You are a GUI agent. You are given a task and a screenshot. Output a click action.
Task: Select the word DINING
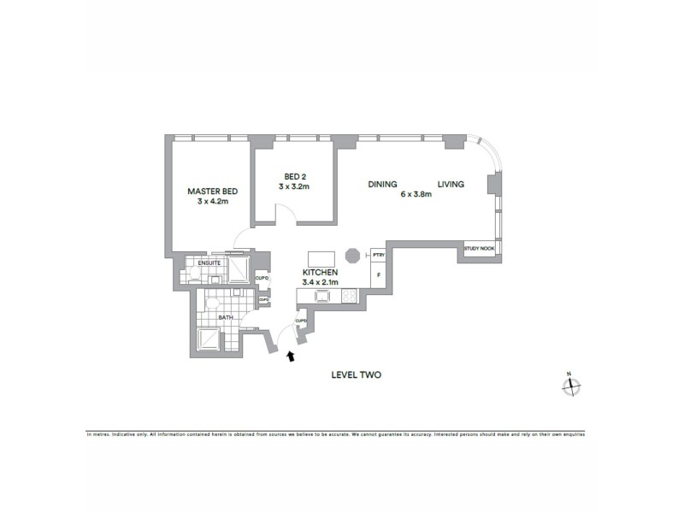[383, 184]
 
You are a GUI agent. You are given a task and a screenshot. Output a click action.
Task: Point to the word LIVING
[451, 184]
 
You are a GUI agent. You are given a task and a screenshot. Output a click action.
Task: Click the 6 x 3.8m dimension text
[416, 195]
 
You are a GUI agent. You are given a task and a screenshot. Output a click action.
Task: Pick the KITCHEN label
[321, 272]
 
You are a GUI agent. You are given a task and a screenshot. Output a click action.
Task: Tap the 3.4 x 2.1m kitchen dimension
[321, 282]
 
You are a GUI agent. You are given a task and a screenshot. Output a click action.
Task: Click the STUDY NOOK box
[479, 249]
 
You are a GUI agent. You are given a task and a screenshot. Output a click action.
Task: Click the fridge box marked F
[378, 275]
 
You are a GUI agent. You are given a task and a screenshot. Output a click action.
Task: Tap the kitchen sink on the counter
[322, 297]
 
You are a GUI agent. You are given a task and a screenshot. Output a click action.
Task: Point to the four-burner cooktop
[349, 297]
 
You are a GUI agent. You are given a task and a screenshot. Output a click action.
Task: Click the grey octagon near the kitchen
[351, 256]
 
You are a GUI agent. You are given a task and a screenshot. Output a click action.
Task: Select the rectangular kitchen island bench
[321, 257]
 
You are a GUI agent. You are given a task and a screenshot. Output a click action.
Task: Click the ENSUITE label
[209, 263]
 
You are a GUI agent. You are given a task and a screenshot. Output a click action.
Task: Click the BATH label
[226, 317]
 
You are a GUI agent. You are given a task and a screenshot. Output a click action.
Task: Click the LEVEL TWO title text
[356, 374]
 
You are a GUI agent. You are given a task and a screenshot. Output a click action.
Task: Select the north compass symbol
[570, 386]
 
